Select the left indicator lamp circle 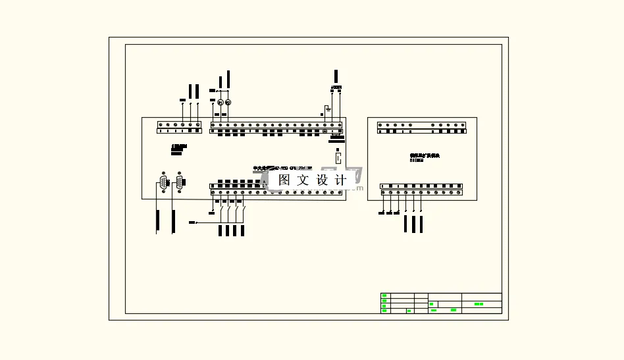point(221,103)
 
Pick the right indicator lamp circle point(228,103)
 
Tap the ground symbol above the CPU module point(325,109)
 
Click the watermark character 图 point(284,180)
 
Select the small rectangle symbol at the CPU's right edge point(338,158)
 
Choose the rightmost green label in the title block point(479,304)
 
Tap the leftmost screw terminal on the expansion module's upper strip point(380,124)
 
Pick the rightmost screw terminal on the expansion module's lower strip point(459,193)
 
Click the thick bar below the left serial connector point(157,222)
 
